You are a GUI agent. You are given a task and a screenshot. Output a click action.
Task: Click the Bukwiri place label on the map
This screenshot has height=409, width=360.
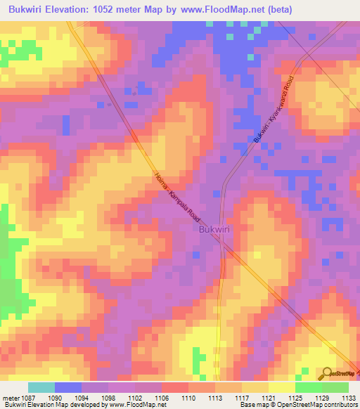(x=212, y=229)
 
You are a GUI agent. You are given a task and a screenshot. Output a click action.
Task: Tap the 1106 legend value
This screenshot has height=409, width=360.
(x=162, y=398)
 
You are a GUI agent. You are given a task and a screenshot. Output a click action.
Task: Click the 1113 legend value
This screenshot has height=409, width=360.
(x=215, y=398)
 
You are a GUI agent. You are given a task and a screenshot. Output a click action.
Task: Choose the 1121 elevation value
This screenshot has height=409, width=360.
(x=269, y=398)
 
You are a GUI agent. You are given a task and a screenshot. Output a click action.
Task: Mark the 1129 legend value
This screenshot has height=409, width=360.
(x=322, y=398)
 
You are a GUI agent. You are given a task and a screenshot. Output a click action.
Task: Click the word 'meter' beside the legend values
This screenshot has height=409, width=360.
(x=10, y=398)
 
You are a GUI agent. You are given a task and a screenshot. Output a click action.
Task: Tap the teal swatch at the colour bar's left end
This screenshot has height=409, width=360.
(x=41, y=387)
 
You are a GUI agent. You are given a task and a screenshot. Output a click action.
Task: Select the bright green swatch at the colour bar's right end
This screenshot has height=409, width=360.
(x=335, y=387)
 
